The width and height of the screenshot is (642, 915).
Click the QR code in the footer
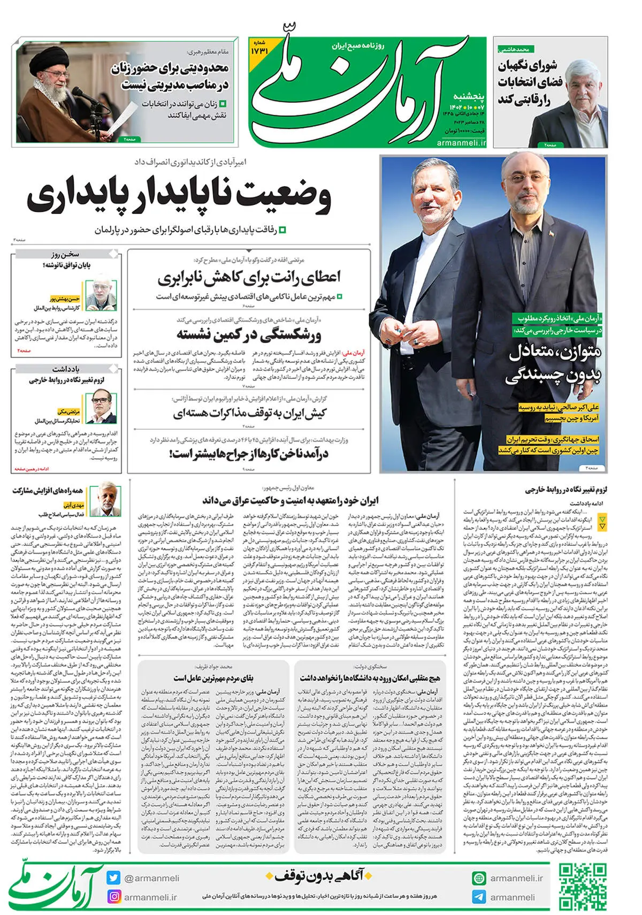pos(583,887)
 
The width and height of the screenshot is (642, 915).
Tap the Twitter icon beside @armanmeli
pos(113,878)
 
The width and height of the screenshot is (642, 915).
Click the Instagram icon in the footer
pos(114,897)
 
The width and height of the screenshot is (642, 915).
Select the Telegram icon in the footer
pos(479,897)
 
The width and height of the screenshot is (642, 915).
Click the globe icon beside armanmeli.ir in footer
pos(479,878)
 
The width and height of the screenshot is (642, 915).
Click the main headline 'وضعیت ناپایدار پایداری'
pos(179,196)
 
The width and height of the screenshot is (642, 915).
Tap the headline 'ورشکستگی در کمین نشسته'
pos(249,335)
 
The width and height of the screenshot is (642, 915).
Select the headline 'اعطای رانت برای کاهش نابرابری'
pos(249,277)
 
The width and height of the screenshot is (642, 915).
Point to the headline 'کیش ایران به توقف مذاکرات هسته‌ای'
pos(249,414)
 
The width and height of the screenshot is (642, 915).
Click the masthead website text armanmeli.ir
pos(461,143)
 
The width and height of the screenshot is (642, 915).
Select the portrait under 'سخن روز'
pos(101,293)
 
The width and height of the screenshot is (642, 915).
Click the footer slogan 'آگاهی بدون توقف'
pos(319,876)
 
